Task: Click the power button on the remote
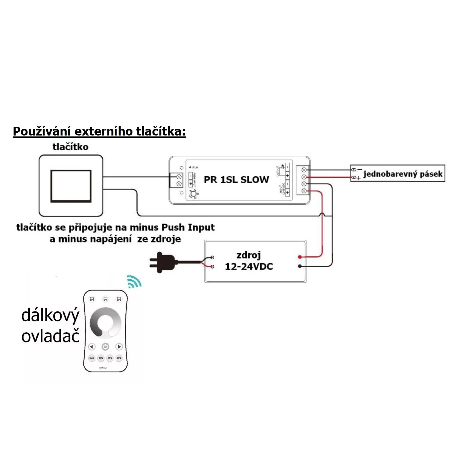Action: (x=105, y=347)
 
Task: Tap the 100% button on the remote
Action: (x=92, y=358)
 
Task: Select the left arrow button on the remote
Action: (x=92, y=347)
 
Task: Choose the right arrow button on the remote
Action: (x=119, y=347)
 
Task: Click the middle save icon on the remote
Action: (x=105, y=299)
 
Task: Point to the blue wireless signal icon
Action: (x=134, y=281)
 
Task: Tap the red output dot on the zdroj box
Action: (x=299, y=256)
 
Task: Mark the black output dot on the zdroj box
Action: (x=299, y=266)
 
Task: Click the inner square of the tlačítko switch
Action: (x=71, y=186)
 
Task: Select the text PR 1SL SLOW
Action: (x=236, y=180)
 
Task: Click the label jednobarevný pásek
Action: (x=403, y=174)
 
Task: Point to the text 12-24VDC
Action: (x=249, y=267)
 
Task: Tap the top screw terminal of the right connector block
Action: (x=304, y=170)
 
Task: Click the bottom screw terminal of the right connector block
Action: (x=304, y=190)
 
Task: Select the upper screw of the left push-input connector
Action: (x=179, y=177)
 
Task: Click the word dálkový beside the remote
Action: (x=50, y=316)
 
